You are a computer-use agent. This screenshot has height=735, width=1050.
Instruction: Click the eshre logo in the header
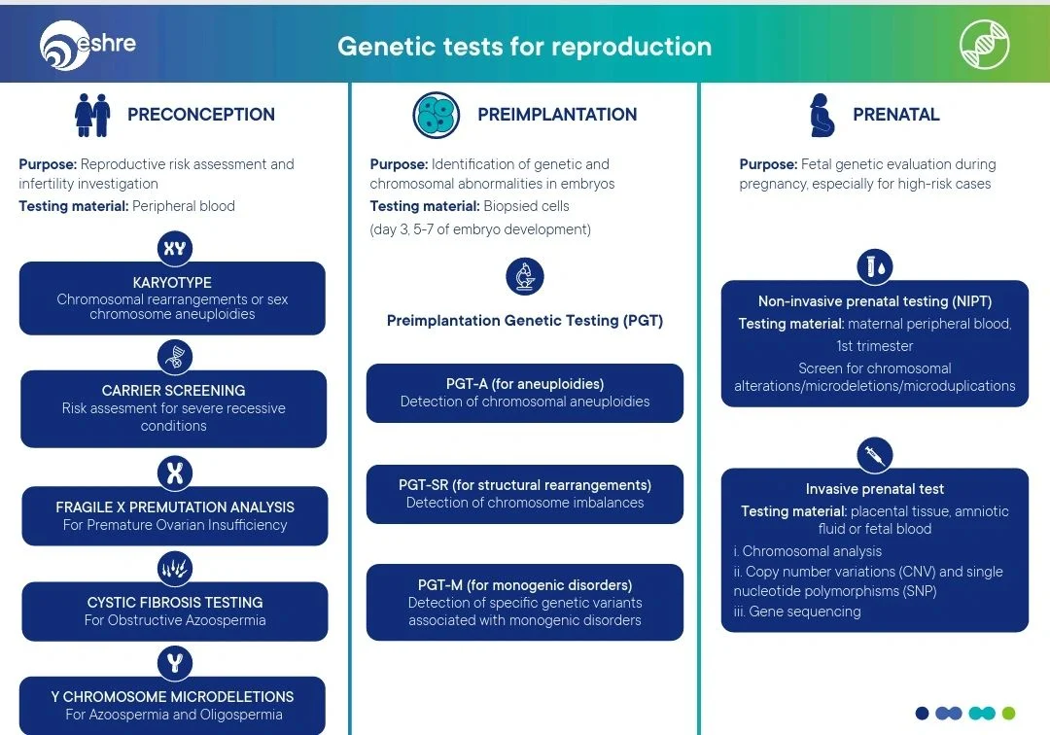click(x=87, y=45)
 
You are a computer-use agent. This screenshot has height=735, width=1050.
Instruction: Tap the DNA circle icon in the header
click(x=984, y=45)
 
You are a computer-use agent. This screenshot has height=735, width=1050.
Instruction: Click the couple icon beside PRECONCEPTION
click(x=92, y=115)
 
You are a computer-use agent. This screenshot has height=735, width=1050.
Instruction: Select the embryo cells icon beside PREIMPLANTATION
click(x=437, y=115)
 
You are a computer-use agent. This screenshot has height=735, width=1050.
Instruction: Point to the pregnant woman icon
click(x=822, y=115)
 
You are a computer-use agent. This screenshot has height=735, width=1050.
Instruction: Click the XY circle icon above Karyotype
click(x=174, y=248)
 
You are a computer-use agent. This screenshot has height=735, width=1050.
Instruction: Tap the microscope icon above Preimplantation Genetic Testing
click(x=525, y=276)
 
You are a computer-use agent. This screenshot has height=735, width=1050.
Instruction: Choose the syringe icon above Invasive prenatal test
click(x=875, y=454)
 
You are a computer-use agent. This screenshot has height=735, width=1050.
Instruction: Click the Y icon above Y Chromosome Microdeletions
click(x=174, y=663)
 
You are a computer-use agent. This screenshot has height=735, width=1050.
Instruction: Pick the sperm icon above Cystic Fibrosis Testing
click(x=174, y=569)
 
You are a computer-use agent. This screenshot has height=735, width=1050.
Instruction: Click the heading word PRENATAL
click(x=895, y=115)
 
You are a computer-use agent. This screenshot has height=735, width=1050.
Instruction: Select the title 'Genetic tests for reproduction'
click(x=524, y=47)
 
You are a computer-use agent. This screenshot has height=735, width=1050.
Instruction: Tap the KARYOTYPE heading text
click(x=173, y=283)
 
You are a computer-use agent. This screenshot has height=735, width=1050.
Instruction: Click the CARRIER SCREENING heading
click(x=173, y=391)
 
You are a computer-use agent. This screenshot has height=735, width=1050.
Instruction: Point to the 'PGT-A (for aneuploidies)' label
click(x=525, y=384)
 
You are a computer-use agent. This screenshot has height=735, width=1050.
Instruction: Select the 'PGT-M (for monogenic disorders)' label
click(x=525, y=585)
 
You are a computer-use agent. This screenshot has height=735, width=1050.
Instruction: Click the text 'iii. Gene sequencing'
click(x=797, y=612)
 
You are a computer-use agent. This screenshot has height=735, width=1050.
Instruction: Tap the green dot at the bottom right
click(x=1008, y=714)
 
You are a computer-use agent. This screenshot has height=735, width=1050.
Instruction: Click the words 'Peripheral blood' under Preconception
click(x=184, y=206)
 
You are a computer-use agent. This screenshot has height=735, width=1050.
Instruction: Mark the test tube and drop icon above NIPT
click(x=875, y=265)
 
